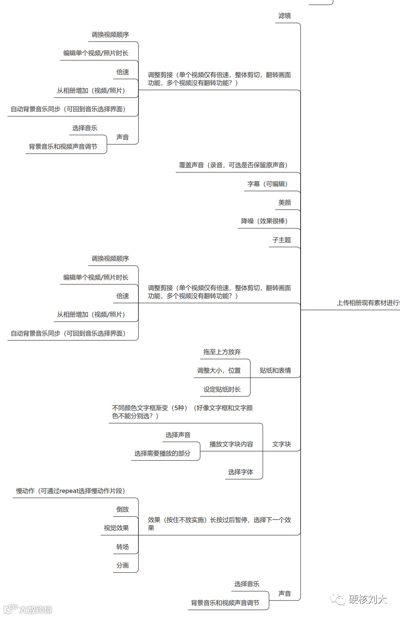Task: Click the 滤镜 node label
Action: (x=285, y=16)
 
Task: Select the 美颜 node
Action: (x=285, y=203)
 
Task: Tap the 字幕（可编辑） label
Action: (x=268, y=184)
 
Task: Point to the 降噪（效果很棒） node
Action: (x=264, y=221)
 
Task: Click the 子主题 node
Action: (x=281, y=240)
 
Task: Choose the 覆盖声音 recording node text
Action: (x=233, y=165)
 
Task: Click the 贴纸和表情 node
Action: (x=275, y=371)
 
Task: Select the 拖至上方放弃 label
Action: (x=222, y=352)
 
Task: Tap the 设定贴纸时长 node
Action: (x=222, y=389)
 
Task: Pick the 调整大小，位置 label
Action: (x=219, y=371)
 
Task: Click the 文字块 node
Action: (x=281, y=444)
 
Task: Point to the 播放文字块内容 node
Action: (x=231, y=444)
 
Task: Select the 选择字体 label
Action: (x=241, y=472)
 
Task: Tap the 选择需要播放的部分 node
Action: (x=162, y=453)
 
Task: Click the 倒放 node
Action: (x=122, y=509)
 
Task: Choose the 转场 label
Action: (x=122, y=547)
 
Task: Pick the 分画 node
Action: (x=122, y=565)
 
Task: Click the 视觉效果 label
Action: (x=116, y=528)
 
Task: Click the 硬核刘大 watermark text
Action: (x=367, y=600)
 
